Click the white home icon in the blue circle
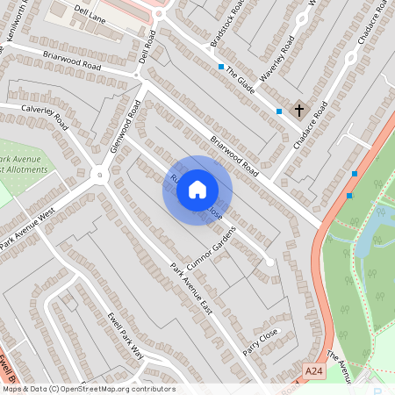coord(197,190)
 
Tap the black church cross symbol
coord(299,111)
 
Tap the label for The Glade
coord(240,82)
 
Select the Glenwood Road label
coord(126,127)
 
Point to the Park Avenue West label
coord(28,227)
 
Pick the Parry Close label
coord(261,339)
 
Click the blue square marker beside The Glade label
coord(220,67)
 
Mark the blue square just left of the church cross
coord(279,111)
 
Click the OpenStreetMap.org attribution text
coord(109,389)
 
